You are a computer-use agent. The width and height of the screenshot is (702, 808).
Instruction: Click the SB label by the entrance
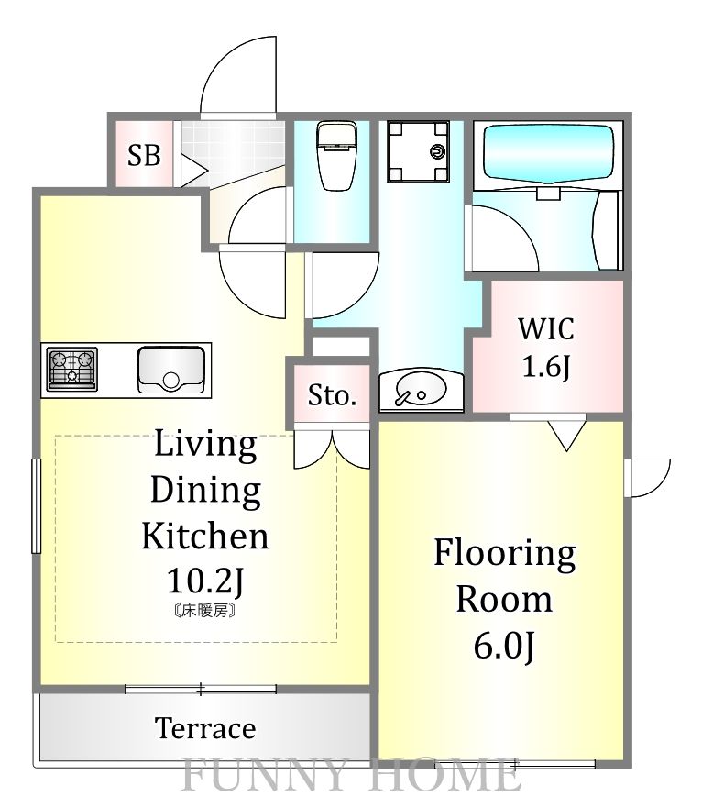(x=144, y=155)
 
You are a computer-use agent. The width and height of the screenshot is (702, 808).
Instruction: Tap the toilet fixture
(x=337, y=156)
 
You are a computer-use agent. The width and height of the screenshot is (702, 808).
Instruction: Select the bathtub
(x=549, y=153)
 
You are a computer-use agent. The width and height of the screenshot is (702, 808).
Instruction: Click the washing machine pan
(x=418, y=151)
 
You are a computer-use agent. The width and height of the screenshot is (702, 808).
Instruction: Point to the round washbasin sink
(x=421, y=390)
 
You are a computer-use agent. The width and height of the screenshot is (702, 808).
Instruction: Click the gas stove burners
(x=72, y=368)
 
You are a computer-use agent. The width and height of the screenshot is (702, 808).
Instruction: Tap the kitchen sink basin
(x=171, y=369)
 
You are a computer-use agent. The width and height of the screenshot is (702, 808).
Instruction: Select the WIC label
(x=546, y=328)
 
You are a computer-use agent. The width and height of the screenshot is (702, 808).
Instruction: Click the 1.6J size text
(x=546, y=367)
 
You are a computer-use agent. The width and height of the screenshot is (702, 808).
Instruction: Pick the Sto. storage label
(x=332, y=396)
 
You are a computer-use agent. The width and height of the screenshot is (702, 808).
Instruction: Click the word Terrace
(x=205, y=728)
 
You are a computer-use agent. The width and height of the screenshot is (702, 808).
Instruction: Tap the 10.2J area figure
(x=205, y=581)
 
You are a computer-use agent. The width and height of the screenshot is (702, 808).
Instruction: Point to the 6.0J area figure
(x=504, y=646)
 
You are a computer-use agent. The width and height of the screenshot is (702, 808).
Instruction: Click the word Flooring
(x=505, y=554)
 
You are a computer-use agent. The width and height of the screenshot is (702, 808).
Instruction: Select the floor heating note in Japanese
(x=205, y=611)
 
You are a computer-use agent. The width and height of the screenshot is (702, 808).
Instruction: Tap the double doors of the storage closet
(x=332, y=449)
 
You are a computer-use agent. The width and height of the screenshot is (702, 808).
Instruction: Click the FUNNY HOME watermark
(x=350, y=774)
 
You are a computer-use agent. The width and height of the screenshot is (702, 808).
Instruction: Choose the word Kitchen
(x=205, y=536)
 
